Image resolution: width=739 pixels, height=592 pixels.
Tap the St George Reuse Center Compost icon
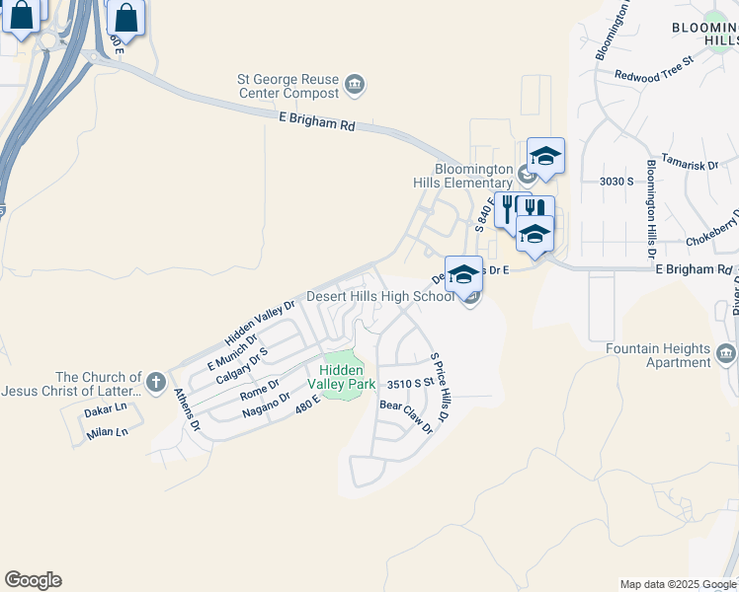(356, 86)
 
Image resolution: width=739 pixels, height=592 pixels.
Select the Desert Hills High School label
(379, 296)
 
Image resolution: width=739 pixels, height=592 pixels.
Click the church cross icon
(155, 382)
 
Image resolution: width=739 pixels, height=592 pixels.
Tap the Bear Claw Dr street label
(406, 416)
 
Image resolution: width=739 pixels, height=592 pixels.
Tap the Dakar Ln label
(107, 407)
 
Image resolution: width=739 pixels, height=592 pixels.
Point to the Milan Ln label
(107, 432)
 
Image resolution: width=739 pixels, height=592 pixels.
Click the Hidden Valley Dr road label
(260, 322)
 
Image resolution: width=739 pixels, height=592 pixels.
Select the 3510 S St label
(410, 384)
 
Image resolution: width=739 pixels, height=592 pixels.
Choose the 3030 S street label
(616, 182)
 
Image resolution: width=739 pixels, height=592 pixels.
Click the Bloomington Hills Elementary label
(475, 176)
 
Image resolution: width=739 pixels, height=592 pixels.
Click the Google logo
(33, 580)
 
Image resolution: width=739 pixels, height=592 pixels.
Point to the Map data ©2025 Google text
(678, 584)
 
